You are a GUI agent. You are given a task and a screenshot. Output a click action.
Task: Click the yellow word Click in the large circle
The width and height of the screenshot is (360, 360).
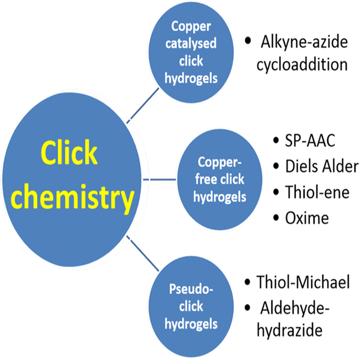69,152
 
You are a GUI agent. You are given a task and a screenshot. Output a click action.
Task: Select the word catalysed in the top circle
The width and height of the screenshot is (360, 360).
191,43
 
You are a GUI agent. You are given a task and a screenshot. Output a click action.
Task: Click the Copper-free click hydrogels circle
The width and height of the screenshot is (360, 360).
219,179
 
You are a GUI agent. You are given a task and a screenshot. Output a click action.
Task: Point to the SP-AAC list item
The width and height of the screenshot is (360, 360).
310,140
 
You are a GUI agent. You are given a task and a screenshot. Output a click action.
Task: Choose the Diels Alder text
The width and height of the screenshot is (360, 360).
322,166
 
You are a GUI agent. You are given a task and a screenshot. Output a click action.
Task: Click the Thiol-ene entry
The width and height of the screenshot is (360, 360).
317,192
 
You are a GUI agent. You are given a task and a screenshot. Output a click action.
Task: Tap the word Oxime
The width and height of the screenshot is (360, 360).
307,218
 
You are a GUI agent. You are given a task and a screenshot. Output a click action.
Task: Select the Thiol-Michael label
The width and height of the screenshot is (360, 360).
303,282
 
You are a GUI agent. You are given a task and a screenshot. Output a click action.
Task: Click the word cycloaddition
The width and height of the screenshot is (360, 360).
302,65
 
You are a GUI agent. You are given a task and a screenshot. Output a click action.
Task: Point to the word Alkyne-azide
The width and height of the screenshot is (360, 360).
304,42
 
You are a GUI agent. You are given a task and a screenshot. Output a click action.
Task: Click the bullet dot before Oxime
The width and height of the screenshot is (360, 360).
276,218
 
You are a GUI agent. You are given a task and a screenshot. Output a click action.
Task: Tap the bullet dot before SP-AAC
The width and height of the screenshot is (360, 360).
276,140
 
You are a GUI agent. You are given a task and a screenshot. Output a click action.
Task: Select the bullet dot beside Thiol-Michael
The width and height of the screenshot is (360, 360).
247,282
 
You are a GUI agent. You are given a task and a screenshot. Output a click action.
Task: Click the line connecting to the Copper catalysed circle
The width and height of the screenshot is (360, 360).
142,105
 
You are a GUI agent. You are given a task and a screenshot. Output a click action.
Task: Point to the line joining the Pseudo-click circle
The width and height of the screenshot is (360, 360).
142,253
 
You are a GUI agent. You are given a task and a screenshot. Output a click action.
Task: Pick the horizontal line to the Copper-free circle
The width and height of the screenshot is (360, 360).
160,179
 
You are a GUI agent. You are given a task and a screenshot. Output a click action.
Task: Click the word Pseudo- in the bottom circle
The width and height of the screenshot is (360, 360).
191,289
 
